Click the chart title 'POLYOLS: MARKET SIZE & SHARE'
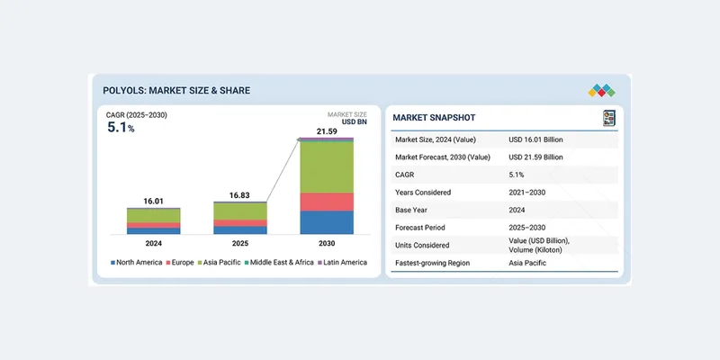177,90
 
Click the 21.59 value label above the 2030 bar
326,132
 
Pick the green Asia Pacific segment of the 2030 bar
326,167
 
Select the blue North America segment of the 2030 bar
326,222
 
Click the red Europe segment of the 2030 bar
326,202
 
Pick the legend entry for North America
137,262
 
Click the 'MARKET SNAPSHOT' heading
434,118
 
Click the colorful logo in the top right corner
601,90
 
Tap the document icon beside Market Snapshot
608,118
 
